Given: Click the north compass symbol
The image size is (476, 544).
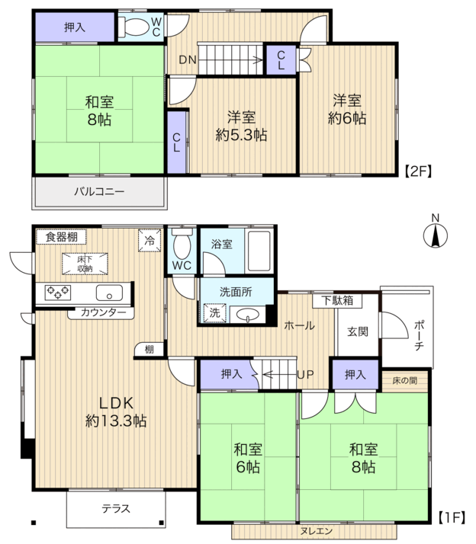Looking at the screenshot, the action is pyautogui.click(x=435, y=235).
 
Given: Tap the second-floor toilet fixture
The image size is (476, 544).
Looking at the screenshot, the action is pyautogui.click(x=133, y=27).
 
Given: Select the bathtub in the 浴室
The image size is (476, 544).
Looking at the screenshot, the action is pyautogui.click(x=259, y=251).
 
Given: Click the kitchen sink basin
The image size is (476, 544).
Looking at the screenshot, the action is pyautogui.click(x=109, y=293).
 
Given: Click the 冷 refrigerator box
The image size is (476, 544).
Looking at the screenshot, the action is pyautogui.click(x=150, y=240).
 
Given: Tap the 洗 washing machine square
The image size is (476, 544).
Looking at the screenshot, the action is pyautogui.click(x=214, y=313).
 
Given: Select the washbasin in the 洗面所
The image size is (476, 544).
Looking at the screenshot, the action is pyautogui.click(x=247, y=315).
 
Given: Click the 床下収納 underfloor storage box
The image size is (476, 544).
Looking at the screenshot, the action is pyautogui.click(x=85, y=264).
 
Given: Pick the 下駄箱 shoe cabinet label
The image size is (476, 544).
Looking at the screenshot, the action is pyautogui.click(x=336, y=300).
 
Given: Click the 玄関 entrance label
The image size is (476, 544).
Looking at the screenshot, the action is pyautogui.click(x=358, y=331).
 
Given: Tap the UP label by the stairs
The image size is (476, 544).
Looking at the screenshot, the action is pyautogui.click(x=305, y=375).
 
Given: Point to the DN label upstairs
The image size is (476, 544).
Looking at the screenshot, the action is pyautogui.click(x=188, y=60).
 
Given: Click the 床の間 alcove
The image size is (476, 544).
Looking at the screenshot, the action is pyautogui.click(x=405, y=381).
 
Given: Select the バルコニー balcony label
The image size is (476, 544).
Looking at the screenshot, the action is pyautogui.click(x=99, y=191).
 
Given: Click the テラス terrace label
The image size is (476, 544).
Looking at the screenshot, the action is pyautogui.click(x=116, y=509).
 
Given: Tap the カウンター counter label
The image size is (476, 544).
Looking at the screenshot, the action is pyautogui.click(x=103, y=312).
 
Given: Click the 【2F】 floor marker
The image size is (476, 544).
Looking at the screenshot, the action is pyautogui.click(x=419, y=171).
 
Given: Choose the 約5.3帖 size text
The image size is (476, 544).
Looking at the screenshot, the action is pyautogui.click(x=242, y=135).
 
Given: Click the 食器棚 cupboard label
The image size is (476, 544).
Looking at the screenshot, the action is pyautogui.click(x=62, y=237).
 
